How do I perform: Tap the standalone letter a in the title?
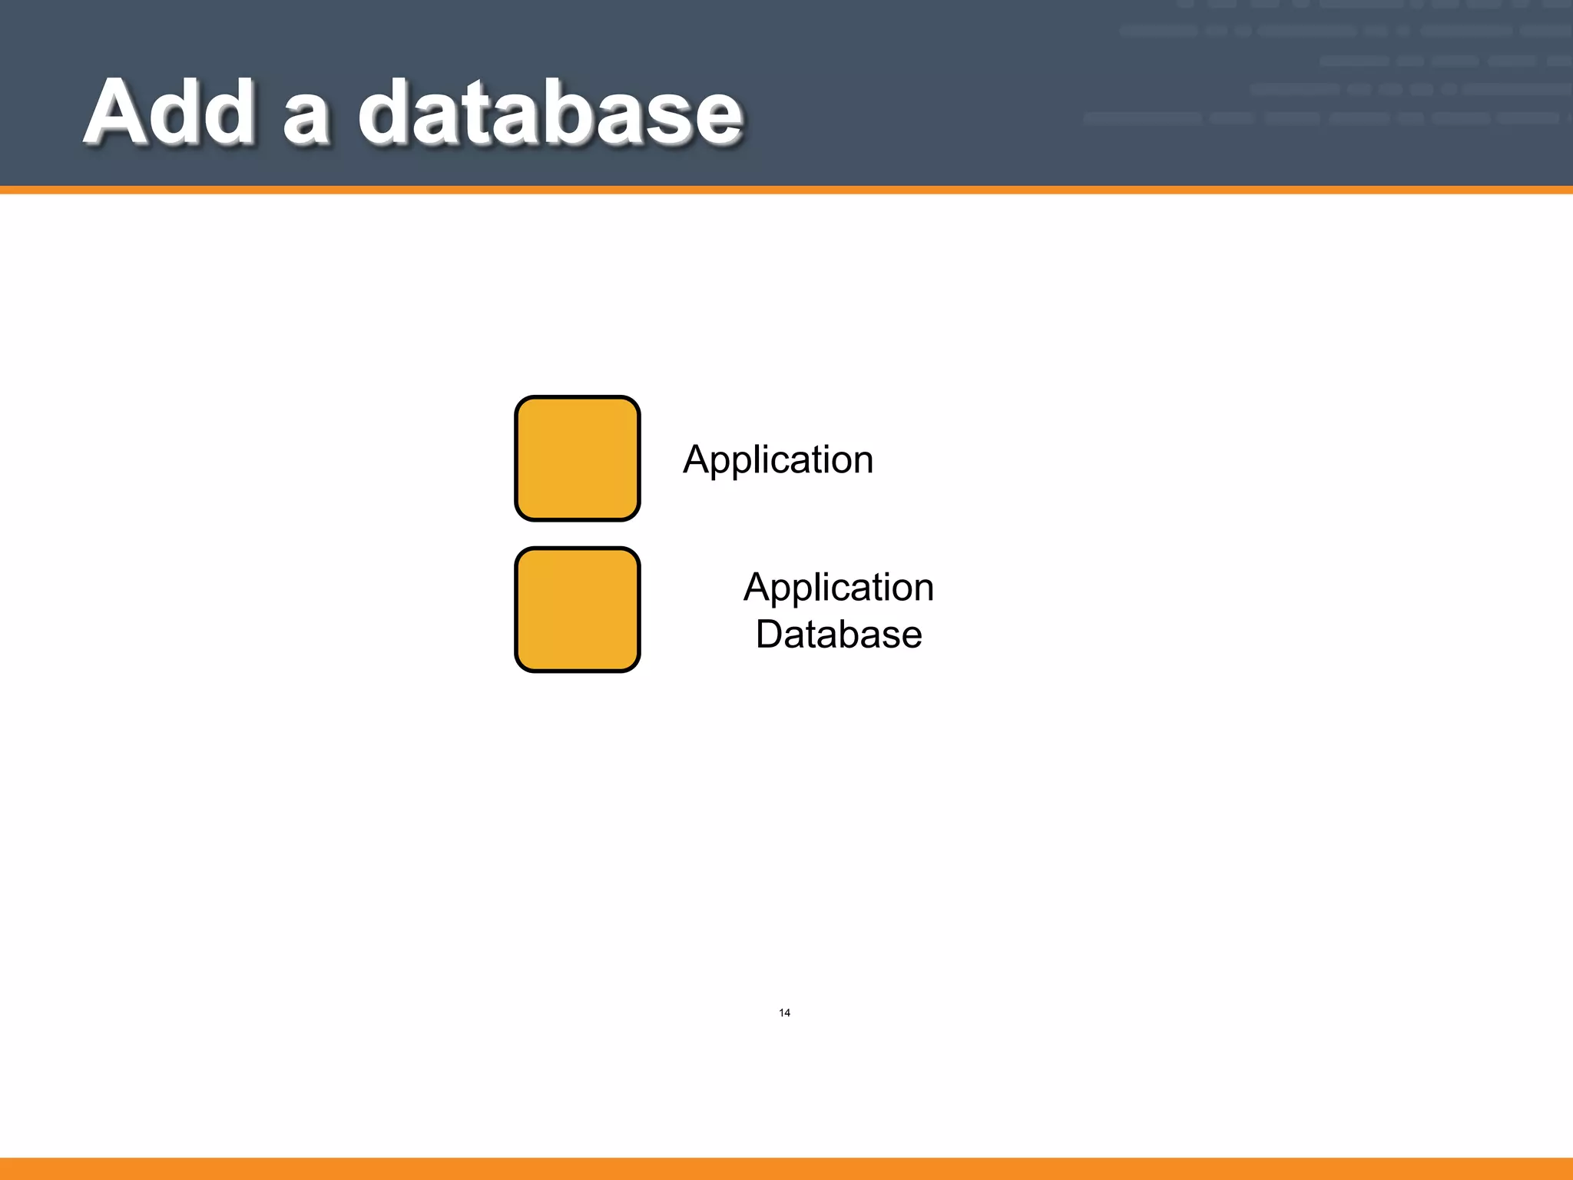306,123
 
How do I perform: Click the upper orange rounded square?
577,459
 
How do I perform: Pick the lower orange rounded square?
577,609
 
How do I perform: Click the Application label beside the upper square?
778,460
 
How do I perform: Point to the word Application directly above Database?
839,588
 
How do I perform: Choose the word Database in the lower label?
839,635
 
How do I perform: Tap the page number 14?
784,1013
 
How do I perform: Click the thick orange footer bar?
786,1168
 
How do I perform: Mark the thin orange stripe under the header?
786,190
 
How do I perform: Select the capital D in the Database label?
770,635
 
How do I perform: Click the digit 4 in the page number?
787,1013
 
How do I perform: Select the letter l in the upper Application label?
763,459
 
